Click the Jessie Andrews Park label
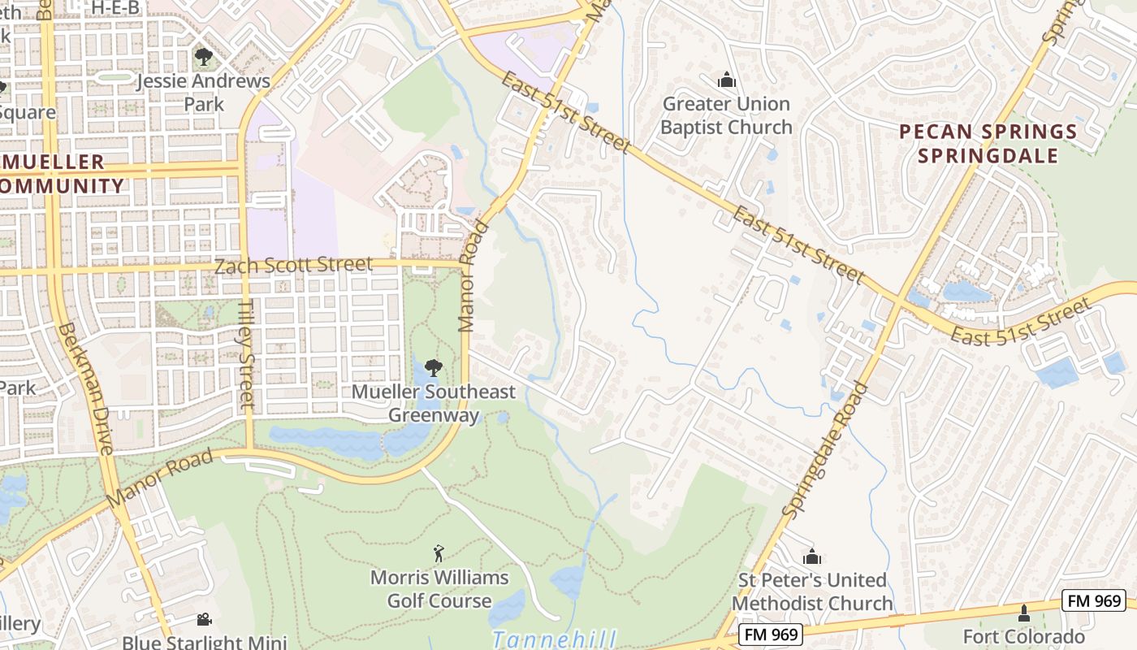pos(203,93)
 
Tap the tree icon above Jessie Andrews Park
pos(203,57)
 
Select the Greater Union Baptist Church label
pos(726,115)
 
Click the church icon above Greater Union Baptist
pos(726,80)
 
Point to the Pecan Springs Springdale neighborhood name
pos(988,144)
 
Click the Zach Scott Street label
pos(293,265)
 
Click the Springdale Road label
pos(826,449)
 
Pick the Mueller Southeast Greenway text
pos(433,403)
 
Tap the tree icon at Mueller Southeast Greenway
pos(434,367)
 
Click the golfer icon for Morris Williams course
pos(439,553)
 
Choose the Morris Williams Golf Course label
pos(439,589)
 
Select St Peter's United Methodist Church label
pos(812,591)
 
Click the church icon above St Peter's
pos(811,557)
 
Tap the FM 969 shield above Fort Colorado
pos(1093,601)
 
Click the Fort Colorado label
pos(1023,636)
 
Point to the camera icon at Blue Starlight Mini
pos(204,619)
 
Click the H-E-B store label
pos(115,7)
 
